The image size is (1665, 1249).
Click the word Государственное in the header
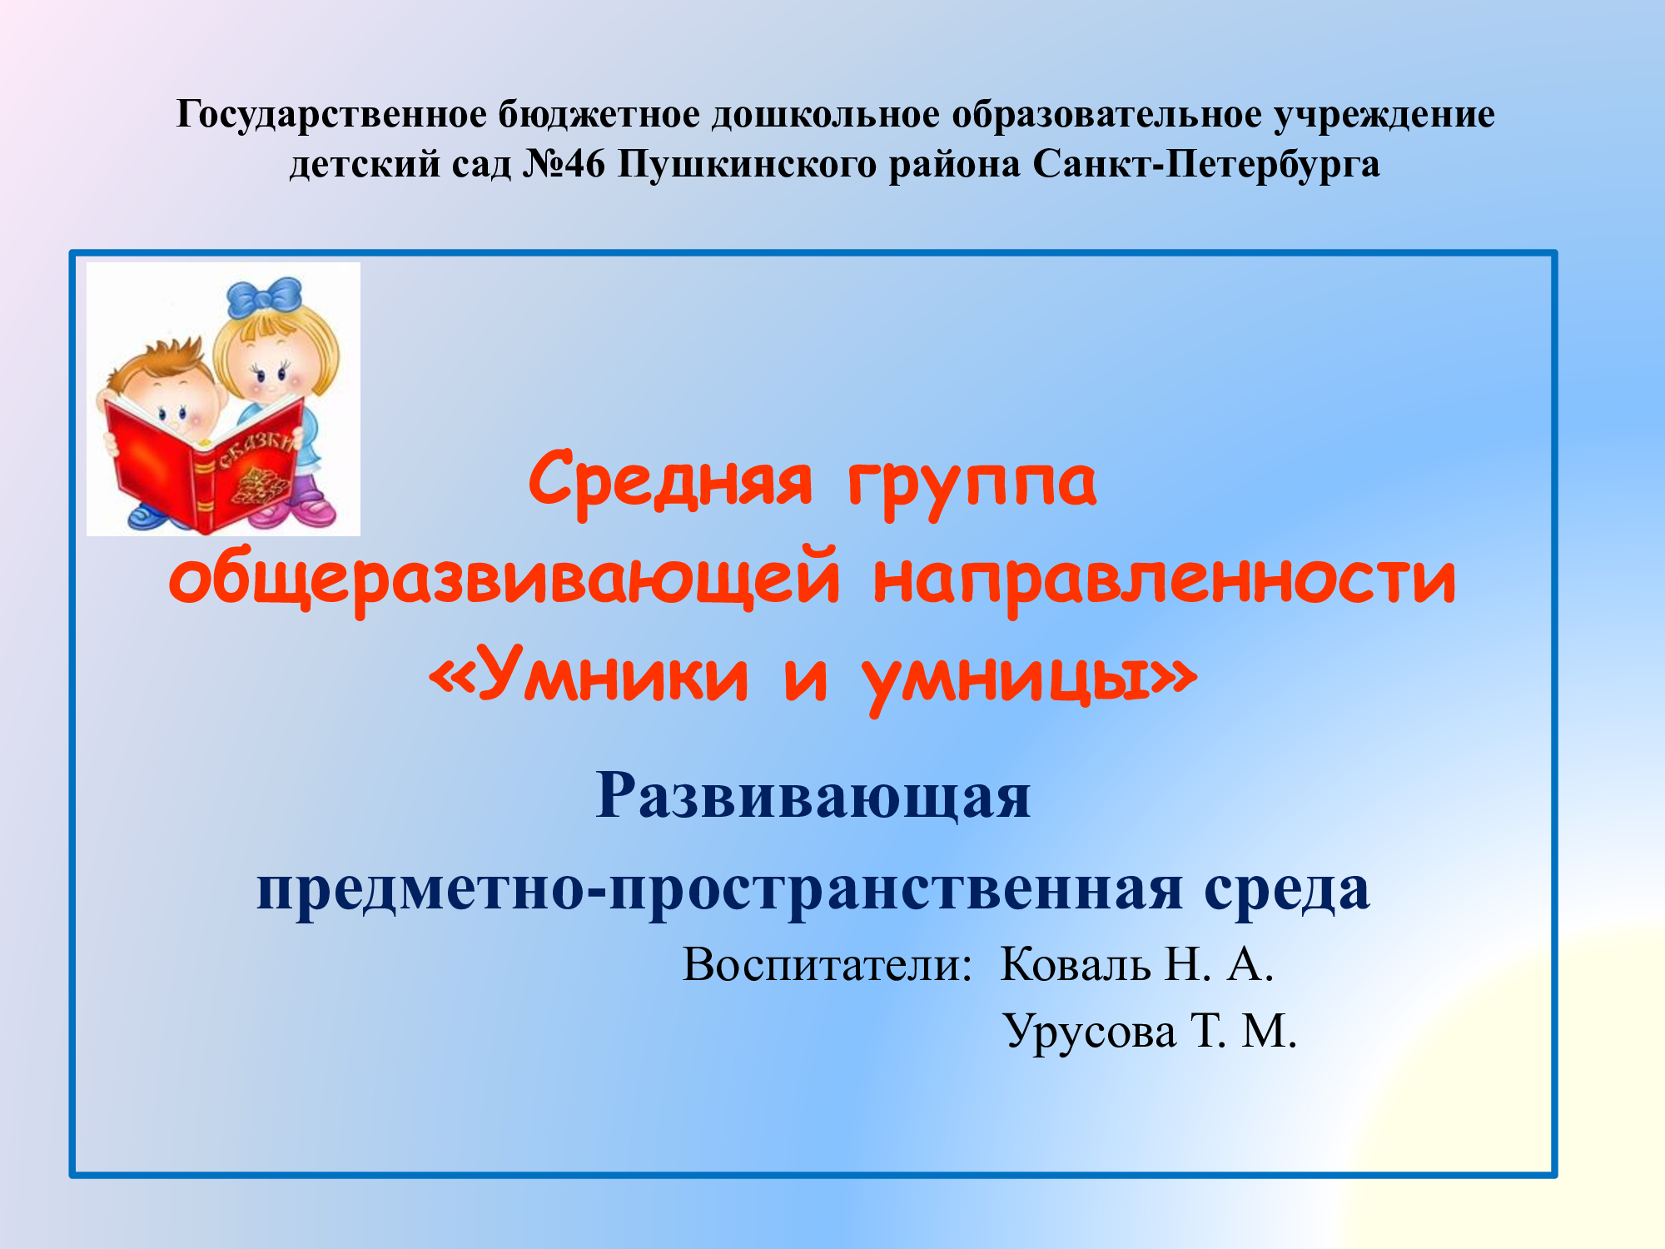coord(331,116)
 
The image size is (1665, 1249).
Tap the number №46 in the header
coord(564,164)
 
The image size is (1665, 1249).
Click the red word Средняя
coord(670,481)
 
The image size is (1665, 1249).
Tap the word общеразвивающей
coord(504,579)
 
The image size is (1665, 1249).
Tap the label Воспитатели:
coord(828,965)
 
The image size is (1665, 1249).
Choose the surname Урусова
coord(1090,1033)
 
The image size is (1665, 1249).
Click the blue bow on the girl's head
coord(265,296)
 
